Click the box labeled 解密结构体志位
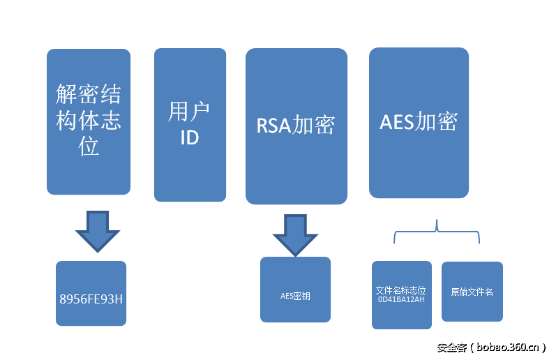pos(89,121)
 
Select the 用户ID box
pos(190,124)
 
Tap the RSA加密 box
pos(296,126)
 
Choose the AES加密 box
pos(419,122)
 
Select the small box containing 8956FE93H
pos(91,293)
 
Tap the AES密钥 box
pos(295,290)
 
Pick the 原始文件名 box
pos(472,292)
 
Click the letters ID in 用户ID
pos(190,137)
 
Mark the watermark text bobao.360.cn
pos(509,347)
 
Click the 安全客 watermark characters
pos(451,347)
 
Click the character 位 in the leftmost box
pos(89,147)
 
